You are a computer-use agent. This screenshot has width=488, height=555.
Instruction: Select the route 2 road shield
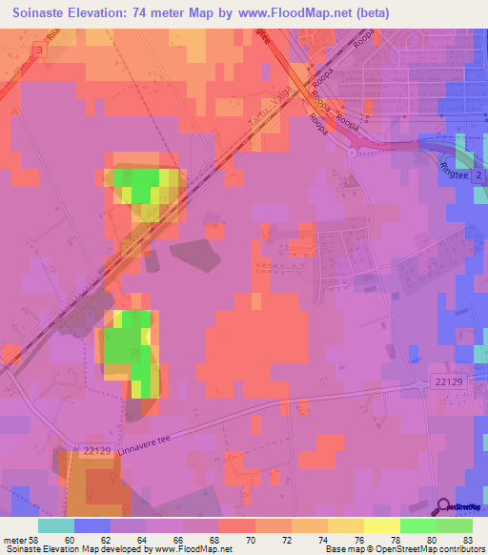(x=479, y=177)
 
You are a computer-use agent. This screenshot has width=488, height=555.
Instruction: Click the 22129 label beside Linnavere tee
(x=97, y=452)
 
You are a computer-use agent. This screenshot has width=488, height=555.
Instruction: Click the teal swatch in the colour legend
(x=56, y=525)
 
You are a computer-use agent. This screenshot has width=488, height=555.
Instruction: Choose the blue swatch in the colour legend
(x=92, y=525)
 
